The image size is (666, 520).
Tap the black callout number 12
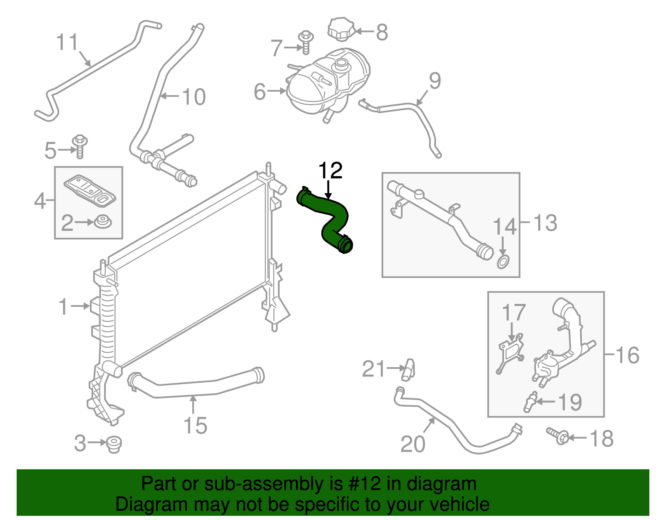[x=330, y=171]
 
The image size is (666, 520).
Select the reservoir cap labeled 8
[x=341, y=29]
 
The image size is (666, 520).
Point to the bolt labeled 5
[x=80, y=146]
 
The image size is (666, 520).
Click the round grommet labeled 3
[x=113, y=444]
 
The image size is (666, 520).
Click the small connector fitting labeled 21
[x=408, y=369]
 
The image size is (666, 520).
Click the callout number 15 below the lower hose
[x=195, y=425]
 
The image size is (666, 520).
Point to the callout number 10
[x=194, y=97]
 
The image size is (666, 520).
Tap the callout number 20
[x=413, y=444]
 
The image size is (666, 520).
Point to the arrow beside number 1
[x=80, y=306]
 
